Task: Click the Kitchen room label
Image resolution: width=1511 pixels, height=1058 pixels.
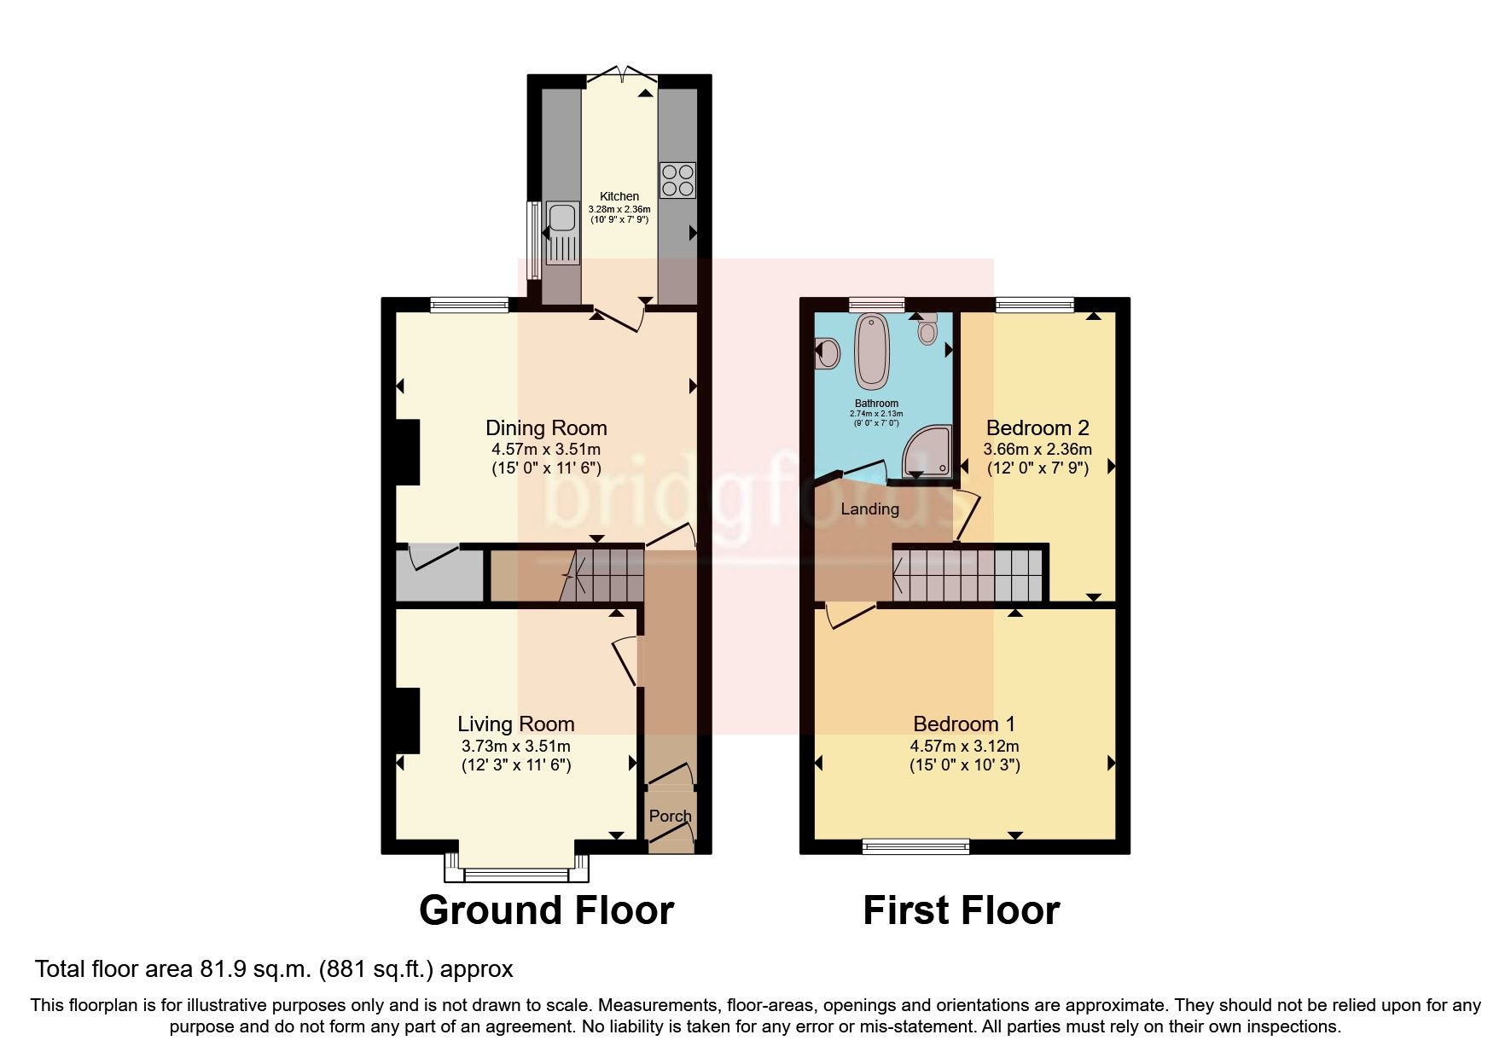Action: click(x=619, y=196)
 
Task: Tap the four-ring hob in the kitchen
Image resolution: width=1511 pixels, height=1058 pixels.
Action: click(x=677, y=180)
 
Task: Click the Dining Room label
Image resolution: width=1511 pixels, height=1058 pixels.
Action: click(x=546, y=427)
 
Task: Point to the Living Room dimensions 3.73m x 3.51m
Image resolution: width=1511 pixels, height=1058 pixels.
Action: click(x=515, y=746)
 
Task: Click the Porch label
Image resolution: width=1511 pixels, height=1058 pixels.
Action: click(x=670, y=816)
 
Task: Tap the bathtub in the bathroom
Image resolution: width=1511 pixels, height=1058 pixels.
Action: click(x=873, y=352)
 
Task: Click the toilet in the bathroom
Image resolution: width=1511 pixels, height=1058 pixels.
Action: click(x=927, y=328)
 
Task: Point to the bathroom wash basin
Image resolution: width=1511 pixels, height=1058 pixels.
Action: click(x=827, y=352)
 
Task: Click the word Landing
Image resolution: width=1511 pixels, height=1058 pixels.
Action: click(x=869, y=509)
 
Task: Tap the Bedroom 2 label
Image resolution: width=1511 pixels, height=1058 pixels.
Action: click(x=1037, y=427)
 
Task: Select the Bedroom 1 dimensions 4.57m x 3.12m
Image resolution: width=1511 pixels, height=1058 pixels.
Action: click(x=964, y=746)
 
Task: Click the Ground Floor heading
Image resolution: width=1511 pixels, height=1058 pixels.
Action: click(x=546, y=910)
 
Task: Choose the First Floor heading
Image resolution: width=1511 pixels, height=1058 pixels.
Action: click(x=961, y=910)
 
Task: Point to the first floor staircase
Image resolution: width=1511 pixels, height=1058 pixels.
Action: click(x=968, y=576)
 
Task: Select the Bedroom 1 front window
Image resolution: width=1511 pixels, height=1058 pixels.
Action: click(x=915, y=846)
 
